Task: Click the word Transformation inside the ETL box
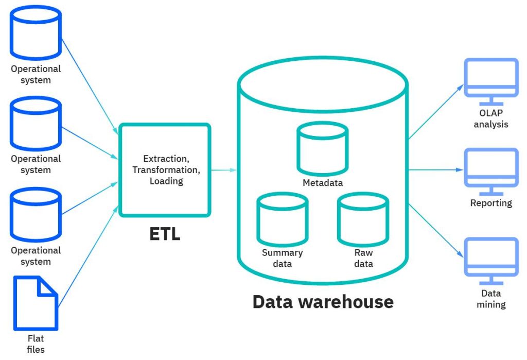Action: pyautogui.click(x=165, y=170)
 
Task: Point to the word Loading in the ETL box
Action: pyautogui.click(x=165, y=181)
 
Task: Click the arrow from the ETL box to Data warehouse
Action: pyautogui.click(x=224, y=169)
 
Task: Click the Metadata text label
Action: pyautogui.click(x=322, y=183)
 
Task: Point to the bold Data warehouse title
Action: pyautogui.click(x=323, y=301)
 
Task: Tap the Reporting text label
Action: pyautogui.click(x=491, y=203)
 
